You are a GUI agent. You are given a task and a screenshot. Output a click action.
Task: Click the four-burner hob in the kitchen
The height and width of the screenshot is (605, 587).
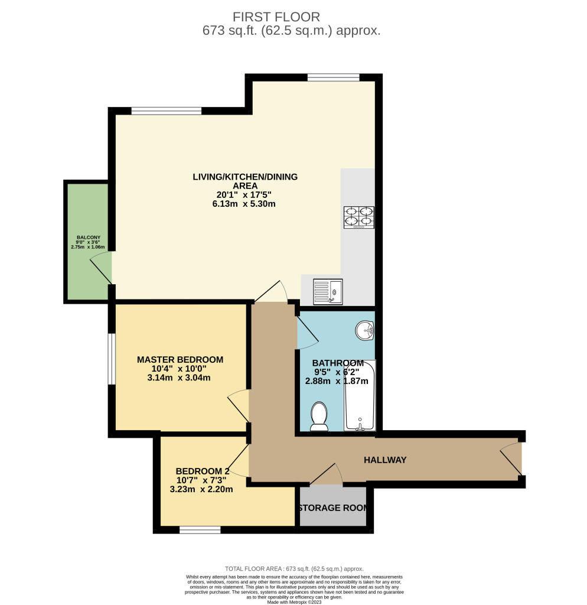(x=358, y=217)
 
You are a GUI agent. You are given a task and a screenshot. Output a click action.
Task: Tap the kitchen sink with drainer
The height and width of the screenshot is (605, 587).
(x=327, y=291)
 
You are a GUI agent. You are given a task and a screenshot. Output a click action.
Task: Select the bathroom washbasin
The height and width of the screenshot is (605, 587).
(x=365, y=331)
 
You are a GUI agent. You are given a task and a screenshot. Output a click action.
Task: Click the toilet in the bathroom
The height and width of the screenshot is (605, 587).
(x=319, y=416)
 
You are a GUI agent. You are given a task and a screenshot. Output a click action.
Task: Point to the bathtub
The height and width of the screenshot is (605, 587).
(x=360, y=395)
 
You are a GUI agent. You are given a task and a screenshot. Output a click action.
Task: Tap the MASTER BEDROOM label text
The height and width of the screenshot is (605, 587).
(x=180, y=359)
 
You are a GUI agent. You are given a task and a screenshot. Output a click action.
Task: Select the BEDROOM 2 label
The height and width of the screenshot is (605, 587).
(x=202, y=471)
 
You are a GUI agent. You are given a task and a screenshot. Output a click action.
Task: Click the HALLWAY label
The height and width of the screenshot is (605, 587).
(x=385, y=460)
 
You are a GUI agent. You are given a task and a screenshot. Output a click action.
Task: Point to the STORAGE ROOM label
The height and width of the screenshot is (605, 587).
(x=332, y=508)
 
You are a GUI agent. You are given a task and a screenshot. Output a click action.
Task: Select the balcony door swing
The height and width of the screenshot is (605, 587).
(x=100, y=266)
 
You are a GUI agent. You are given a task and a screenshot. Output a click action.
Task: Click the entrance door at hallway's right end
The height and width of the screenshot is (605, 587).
(x=512, y=460)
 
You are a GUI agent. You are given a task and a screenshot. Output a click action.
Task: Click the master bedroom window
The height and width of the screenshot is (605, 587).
(x=111, y=359)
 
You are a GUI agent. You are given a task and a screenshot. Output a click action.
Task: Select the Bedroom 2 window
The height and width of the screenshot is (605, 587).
(x=200, y=530)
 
